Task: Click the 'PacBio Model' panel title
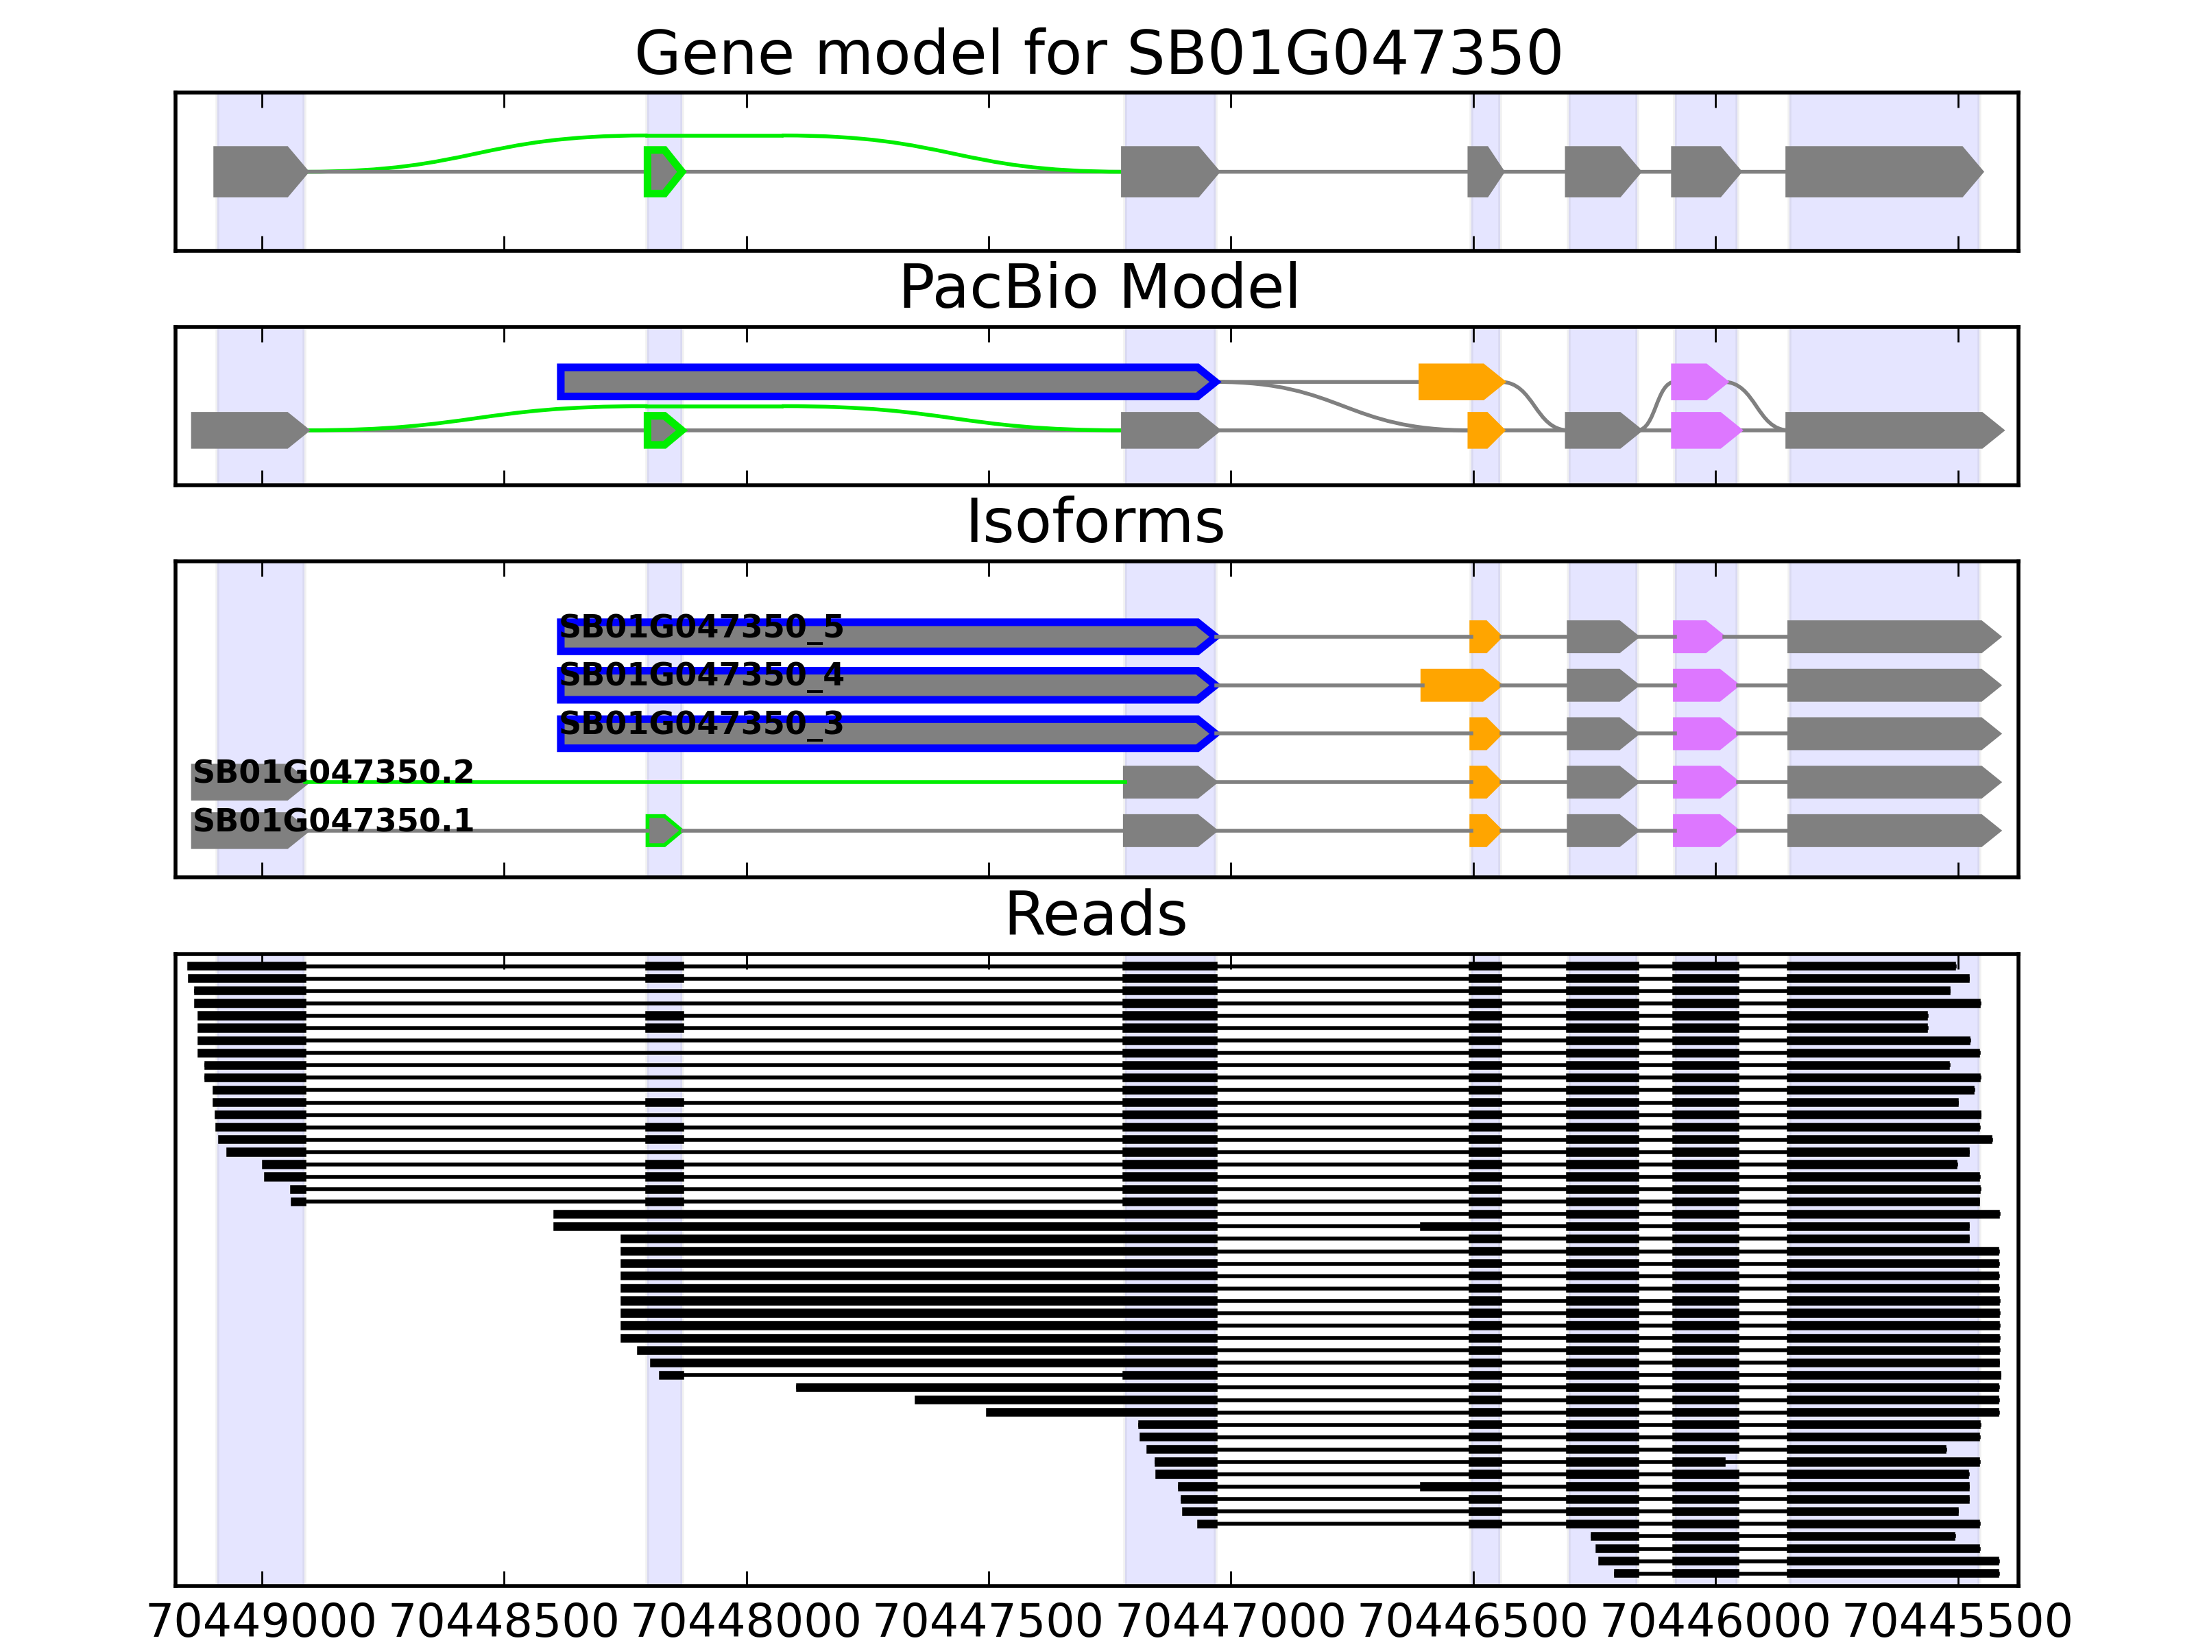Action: (1098, 288)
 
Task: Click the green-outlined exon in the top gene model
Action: (662, 171)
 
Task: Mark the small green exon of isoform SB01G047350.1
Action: (662, 830)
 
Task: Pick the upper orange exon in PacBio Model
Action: (1458, 382)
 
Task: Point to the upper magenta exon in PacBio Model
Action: (1697, 382)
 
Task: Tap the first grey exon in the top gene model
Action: (258, 171)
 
